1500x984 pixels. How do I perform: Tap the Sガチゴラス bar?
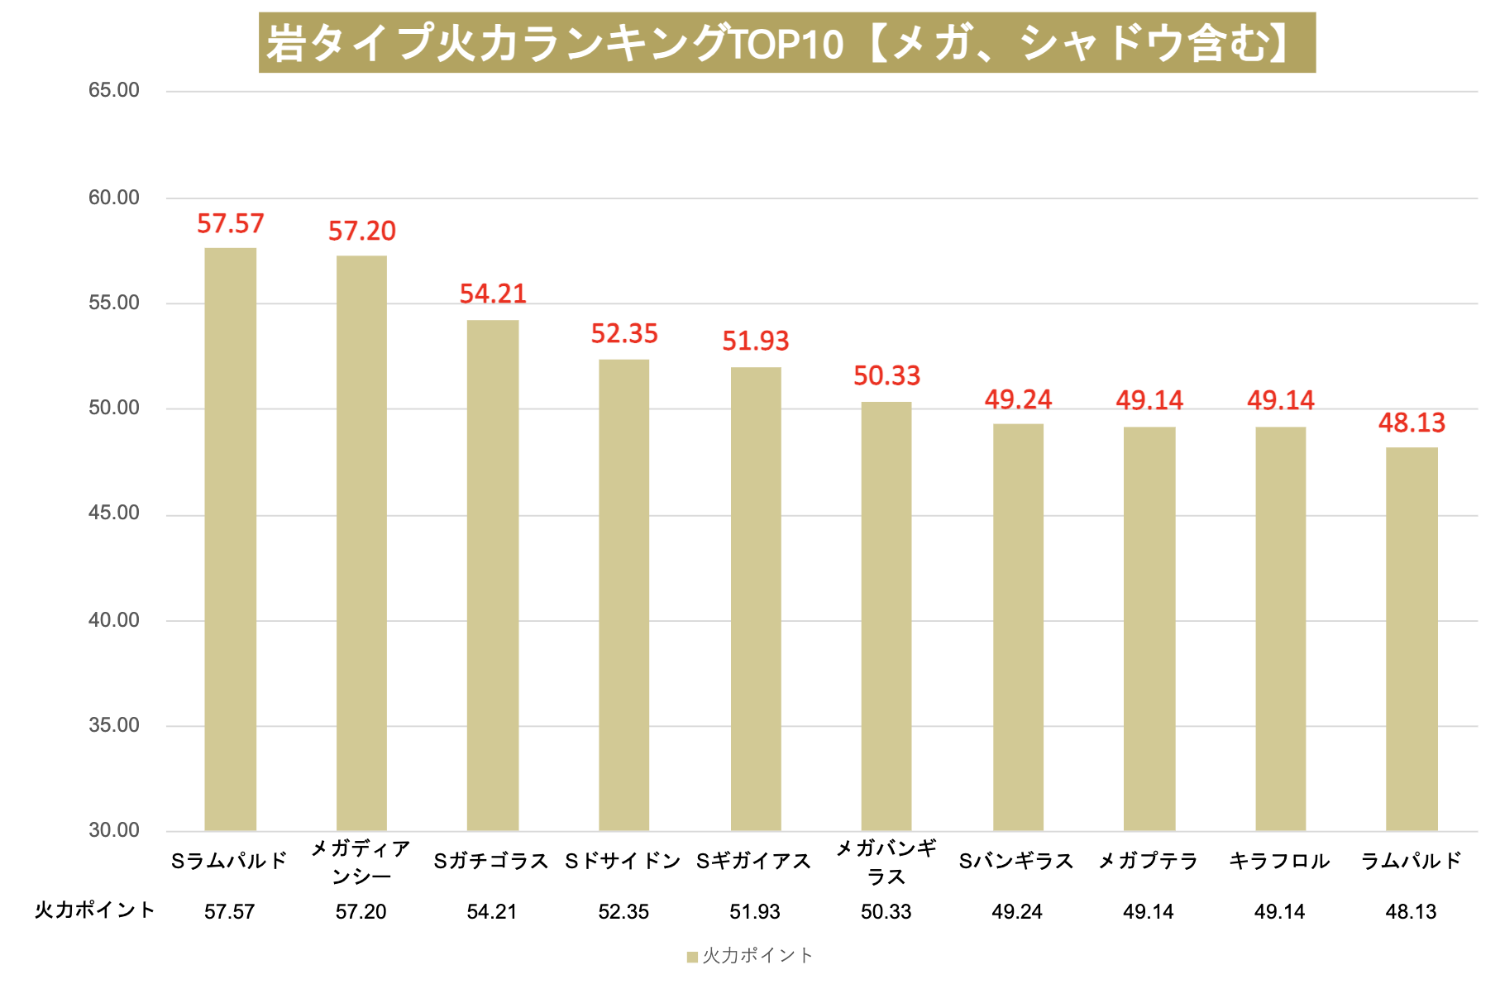click(x=493, y=576)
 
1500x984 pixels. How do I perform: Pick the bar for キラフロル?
click(x=1280, y=628)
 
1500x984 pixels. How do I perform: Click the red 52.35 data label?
click(x=624, y=334)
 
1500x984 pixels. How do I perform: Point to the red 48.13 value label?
click(x=1412, y=423)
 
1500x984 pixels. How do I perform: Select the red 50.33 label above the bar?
click(x=886, y=376)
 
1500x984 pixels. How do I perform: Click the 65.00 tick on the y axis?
click(x=114, y=90)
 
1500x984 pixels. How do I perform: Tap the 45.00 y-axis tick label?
click(x=114, y=513)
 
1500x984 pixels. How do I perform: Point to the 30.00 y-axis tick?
click(x=114, y=830)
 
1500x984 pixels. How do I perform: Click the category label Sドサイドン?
click(x=623, y=862)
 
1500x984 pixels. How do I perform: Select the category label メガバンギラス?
click(x=886, y=862)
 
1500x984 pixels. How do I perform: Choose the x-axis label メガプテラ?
click(x=1149, y=862)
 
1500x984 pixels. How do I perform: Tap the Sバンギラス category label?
click(x=1016, y=862)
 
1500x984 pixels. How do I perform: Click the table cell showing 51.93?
click(x=755, y=912)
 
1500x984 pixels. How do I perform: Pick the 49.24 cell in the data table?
click(x=1017, y=912)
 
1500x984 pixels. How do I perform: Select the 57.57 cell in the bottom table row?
click(x=230, y=912)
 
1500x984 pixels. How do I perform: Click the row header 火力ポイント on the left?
click(x=95, y=910)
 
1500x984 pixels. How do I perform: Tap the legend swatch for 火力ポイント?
click(x=692, y=958)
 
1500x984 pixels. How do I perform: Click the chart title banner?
click(x=786, y=43)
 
